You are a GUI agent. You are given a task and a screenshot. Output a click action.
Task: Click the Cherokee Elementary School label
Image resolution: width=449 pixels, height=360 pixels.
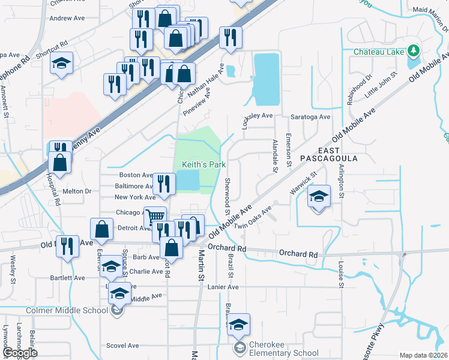tap(285, 353)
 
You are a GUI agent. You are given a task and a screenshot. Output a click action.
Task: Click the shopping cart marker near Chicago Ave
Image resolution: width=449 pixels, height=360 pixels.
tap(155, 216)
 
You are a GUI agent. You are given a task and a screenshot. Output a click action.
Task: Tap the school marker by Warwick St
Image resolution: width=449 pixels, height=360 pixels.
tap(319, 196)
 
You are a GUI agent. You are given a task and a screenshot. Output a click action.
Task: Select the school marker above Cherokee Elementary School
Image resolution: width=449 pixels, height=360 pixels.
tap(239, 324)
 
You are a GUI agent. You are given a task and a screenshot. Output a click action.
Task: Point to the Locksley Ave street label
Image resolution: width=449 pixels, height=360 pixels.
tap(257, 116)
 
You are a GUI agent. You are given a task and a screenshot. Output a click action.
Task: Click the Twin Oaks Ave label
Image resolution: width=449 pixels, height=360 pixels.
tap(253, 217)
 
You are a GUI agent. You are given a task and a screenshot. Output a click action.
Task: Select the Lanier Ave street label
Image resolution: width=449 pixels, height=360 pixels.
tap(224, 287)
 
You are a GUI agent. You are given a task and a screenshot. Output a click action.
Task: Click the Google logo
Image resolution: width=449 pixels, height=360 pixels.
tap(20, 353)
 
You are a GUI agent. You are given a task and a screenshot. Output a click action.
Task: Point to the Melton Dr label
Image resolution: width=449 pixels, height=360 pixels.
tap(76, 191)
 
